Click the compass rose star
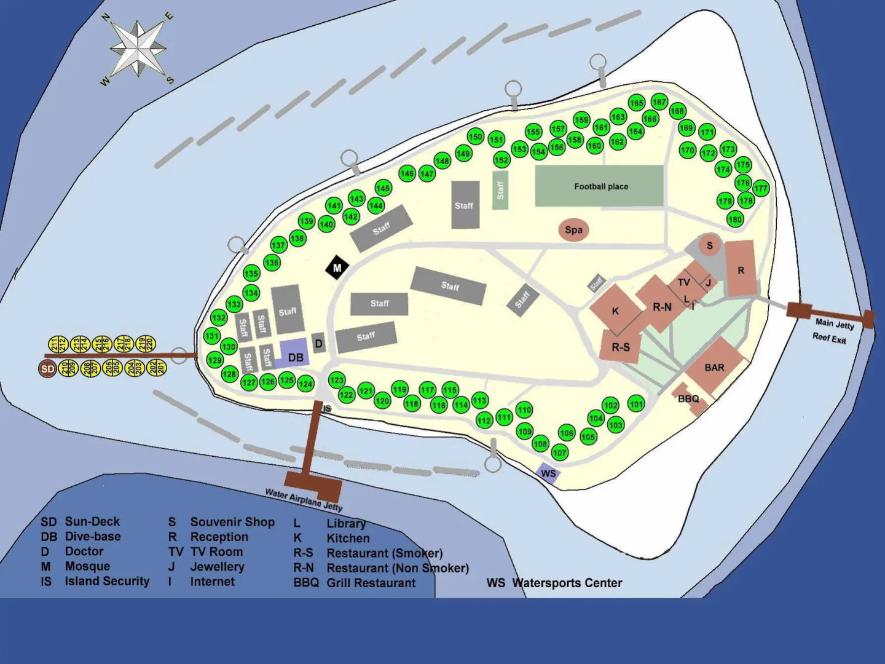(138, 49)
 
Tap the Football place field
(599, 186)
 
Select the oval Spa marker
(573, 230)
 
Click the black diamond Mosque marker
(337, 267)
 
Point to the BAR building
(714, 367)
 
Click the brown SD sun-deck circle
(47, 369)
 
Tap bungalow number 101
(636, 404)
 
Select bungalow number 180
(735, 219)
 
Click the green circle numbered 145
(383, 188)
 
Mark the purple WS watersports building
(548, 473)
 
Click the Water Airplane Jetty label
(304, 499)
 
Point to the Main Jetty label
(834, 323)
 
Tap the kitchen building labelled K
(615, 311)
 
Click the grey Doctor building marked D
(318, 344)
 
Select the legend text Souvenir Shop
(232, 522)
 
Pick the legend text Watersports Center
(567, 583)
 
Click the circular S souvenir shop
(709, 245)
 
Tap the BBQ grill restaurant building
(689, 398)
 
